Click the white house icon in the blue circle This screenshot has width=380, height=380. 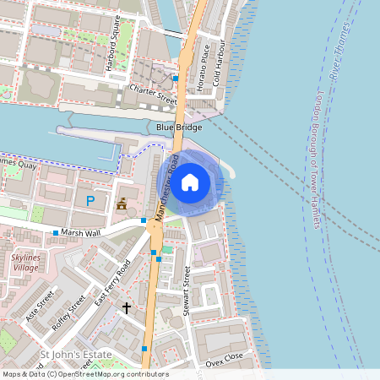click(190, 182)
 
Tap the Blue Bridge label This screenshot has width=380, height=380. click(179, 127)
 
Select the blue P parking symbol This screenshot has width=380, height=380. click(90, 201)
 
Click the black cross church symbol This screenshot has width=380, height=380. click(127, 308)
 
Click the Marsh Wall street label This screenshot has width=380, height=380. click(83, 232)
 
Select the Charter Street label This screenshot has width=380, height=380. click(154, 94)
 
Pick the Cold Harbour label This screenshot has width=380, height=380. click(217, 62)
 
